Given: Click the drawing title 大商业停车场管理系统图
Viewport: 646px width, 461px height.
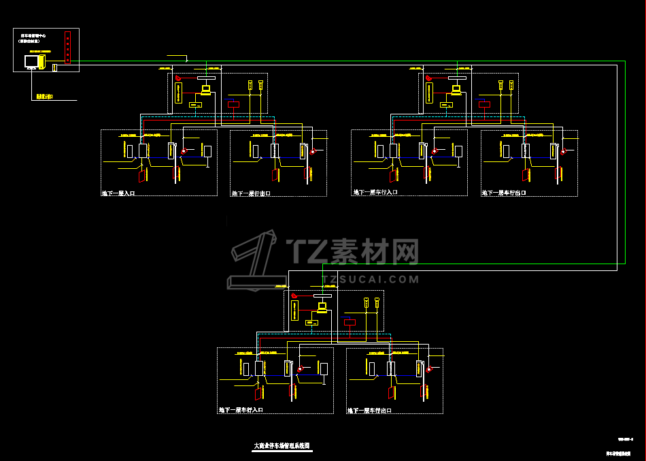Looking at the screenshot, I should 282,445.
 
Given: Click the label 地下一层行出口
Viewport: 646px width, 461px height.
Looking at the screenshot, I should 251,193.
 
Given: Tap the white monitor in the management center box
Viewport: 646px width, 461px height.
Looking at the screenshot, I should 31,61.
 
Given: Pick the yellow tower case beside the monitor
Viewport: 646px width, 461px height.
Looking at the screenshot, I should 41,61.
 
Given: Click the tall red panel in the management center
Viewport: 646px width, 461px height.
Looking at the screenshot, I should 67,47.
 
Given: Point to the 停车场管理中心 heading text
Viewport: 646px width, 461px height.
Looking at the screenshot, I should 33,34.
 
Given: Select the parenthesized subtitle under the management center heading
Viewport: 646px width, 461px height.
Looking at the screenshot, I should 33,41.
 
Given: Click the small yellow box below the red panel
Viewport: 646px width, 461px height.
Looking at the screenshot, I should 55,67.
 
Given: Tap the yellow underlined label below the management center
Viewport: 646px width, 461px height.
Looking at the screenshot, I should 45,97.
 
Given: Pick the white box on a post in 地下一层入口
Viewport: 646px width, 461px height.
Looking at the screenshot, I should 143,150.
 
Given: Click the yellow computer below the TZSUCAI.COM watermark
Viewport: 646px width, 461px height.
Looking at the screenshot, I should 322,307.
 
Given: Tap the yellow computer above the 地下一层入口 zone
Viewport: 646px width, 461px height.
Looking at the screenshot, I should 206,89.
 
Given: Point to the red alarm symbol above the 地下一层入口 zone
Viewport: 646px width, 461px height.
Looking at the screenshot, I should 180,78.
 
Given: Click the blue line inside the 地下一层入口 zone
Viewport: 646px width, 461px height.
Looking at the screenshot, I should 193,157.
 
